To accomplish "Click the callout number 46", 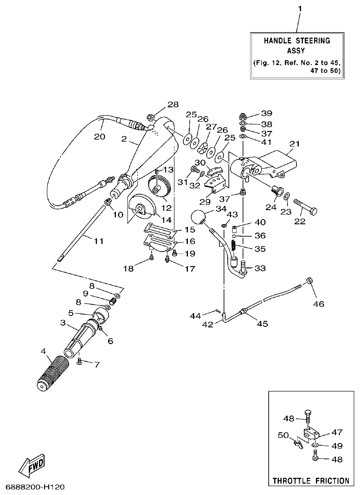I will click(x=318, y=304).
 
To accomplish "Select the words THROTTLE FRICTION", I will click(x=310, y=481).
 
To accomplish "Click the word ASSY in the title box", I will click(x=297, y=51).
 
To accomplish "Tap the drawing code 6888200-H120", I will click(x=35, y=488).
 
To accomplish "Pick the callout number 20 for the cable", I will click(x=99, y=137).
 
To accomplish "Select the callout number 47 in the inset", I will click(x=336, y=432).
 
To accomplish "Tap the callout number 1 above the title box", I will click(x=299, y=9).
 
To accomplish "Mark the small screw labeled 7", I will click(x=79, y=361).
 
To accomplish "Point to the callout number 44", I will click(x=195, y=316).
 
